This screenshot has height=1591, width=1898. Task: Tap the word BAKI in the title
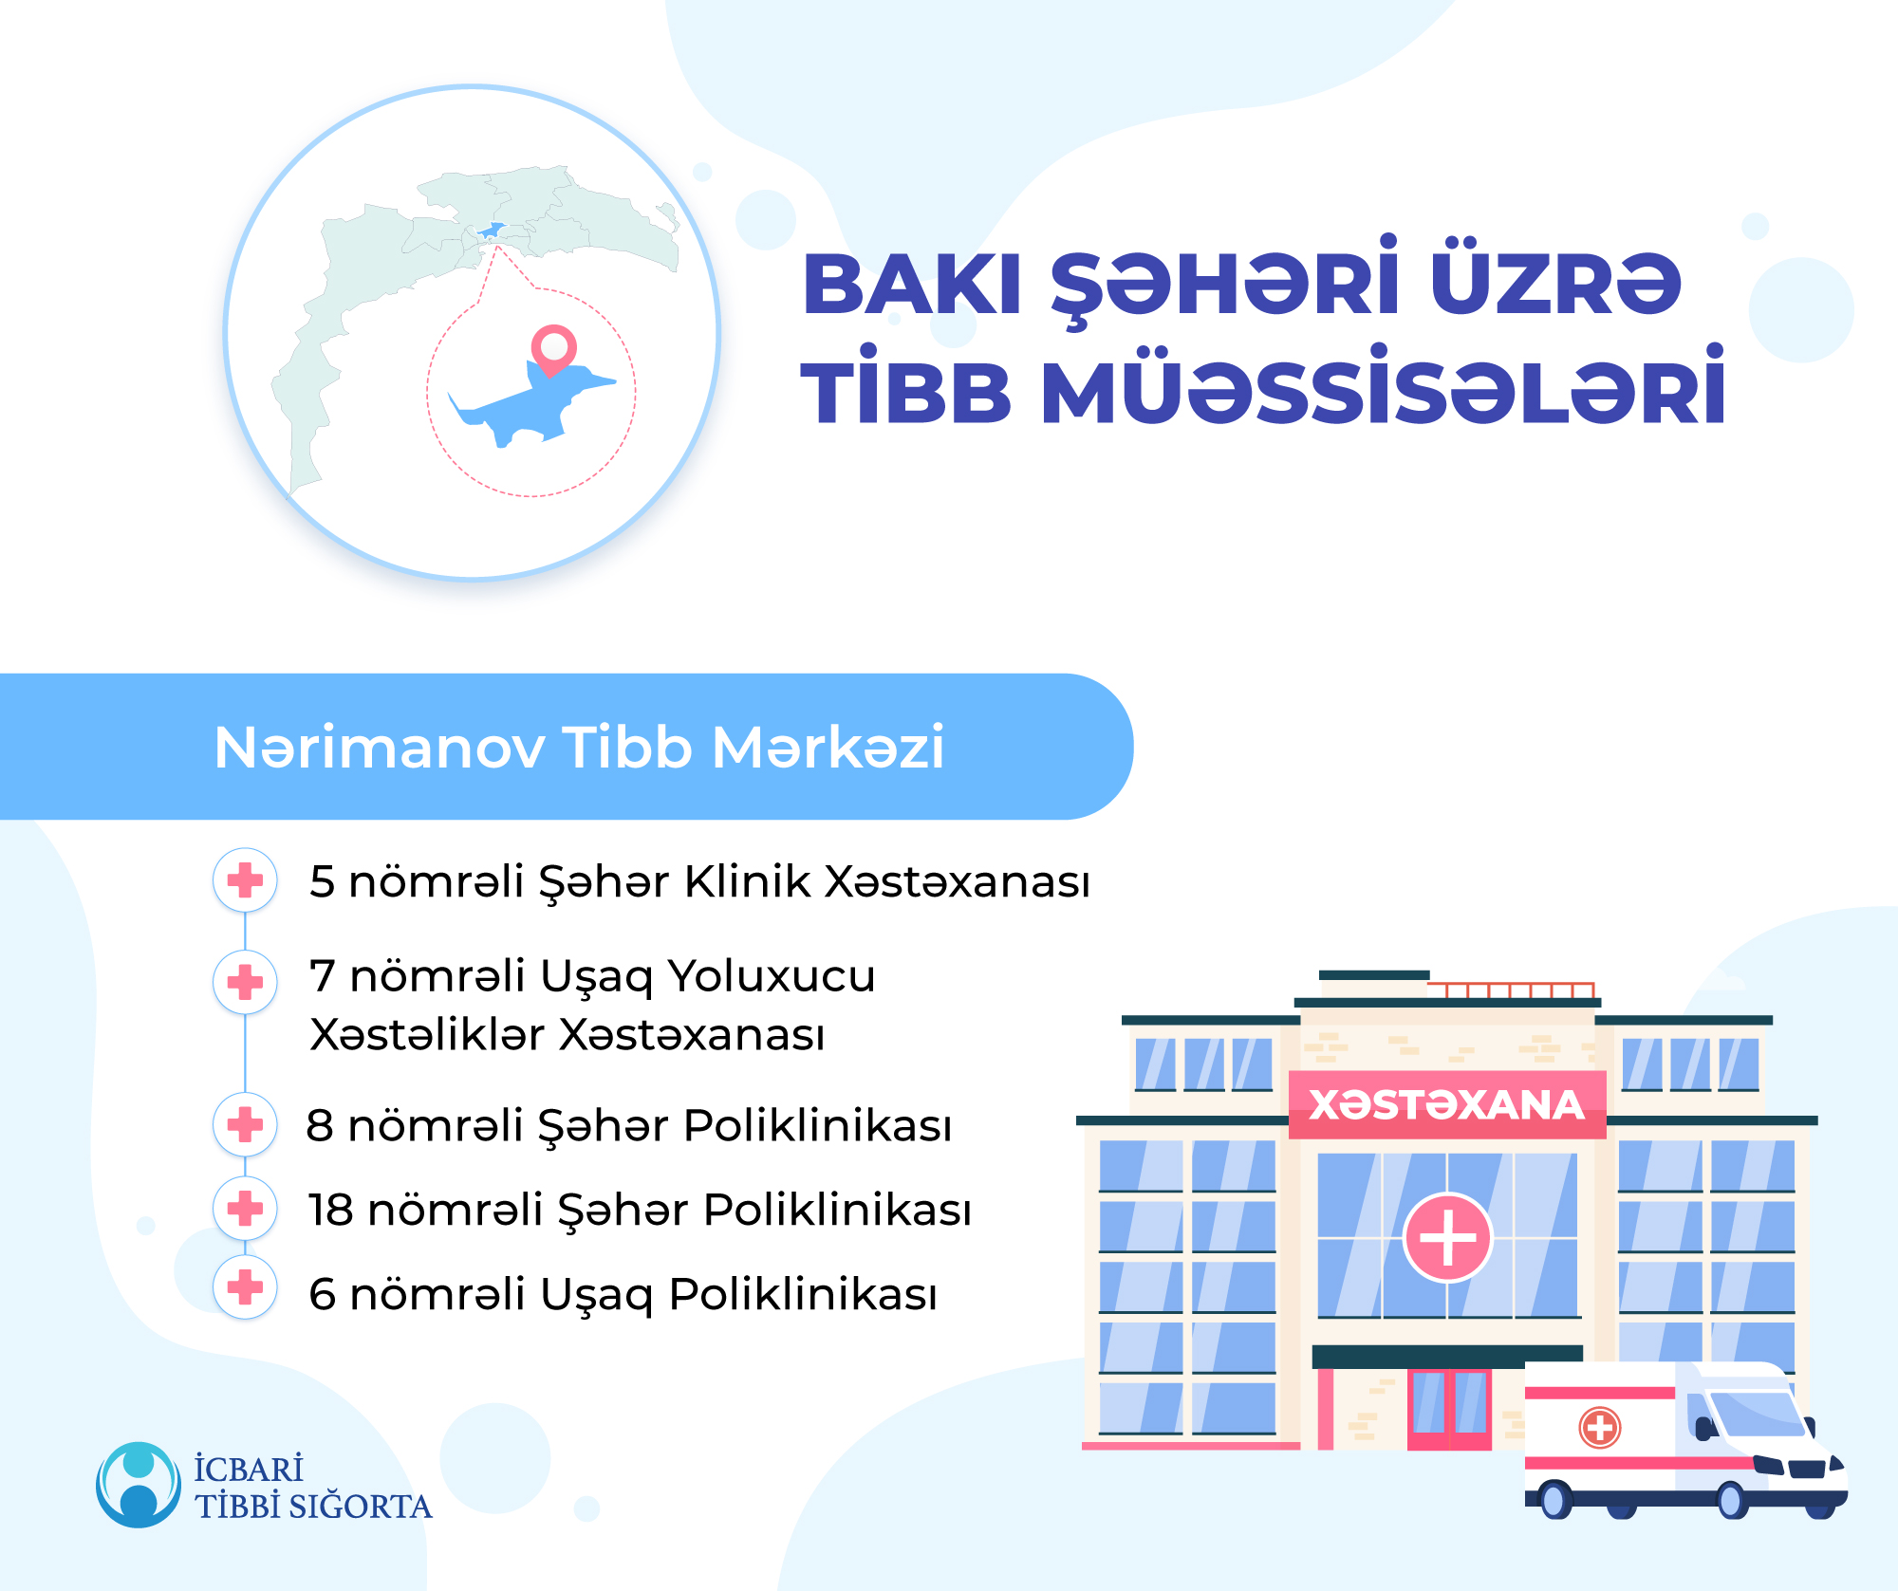[912, 285]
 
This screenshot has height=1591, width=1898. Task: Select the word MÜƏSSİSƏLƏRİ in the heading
[1383, 387]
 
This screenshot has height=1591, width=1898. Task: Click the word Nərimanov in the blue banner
[380, 748]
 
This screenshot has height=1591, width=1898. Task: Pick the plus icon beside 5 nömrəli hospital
[245, 880]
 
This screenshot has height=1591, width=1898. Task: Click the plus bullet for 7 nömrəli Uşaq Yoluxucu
[245, 982]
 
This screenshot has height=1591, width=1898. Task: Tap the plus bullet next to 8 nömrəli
[245, 1124]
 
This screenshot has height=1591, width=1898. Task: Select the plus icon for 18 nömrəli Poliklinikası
[245, 1208]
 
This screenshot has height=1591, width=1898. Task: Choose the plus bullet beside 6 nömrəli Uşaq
[245, 1287]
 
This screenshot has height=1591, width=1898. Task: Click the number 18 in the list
[330, 1210]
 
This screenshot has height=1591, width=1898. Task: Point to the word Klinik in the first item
[748, 880]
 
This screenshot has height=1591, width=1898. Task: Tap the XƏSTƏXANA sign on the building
[1447, 1104]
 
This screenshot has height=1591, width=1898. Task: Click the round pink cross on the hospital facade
[1447, 1237]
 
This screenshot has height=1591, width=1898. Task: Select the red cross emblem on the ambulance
[1600, 1427]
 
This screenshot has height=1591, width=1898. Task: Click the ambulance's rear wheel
[1554, 1500]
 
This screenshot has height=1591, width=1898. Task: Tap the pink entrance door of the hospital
[1449, 1408]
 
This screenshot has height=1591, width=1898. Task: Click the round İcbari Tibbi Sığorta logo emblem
[139, 1485]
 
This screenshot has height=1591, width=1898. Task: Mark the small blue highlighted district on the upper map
[491, 230]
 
